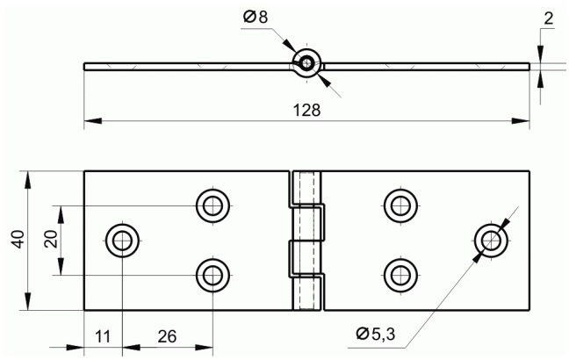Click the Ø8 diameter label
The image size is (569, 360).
(x=256, y=17)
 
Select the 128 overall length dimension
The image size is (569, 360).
(x=306, y=110)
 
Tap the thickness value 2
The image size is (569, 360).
(x=548, y=18)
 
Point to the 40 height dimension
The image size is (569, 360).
(x=18, y=240)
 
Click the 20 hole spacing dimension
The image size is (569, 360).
(x=51, y=239)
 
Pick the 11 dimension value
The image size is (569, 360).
(x=103, y=336)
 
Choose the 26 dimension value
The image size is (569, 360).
(x=167, y=336)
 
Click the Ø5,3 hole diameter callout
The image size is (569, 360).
(x=375, y=334)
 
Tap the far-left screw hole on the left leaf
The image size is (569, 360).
(x=122, y=241)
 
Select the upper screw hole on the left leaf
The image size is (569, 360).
(x=212, y=205)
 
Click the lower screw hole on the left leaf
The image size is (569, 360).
(x=212, y=276)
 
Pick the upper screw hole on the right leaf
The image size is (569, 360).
(x=400, y=205)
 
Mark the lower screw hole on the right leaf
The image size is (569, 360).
(x=400, y=276)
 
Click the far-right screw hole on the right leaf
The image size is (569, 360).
(x=492, y=241)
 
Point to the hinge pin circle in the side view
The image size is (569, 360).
(x=307, y=63)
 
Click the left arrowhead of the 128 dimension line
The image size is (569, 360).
(x=93, y=121)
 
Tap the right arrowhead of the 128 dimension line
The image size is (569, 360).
(x=521, y=121)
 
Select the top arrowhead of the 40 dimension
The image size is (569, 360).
(x=27, y=179)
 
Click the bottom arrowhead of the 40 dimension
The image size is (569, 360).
(x=27, y=301)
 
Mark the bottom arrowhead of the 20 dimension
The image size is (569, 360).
(x=61, y=267)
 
